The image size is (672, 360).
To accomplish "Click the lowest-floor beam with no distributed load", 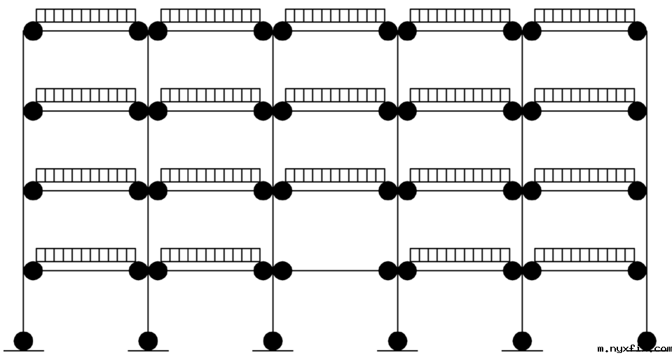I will pos(335,270).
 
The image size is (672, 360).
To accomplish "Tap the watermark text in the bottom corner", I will pos(634,348).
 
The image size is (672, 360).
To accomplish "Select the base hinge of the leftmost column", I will pos(24,341).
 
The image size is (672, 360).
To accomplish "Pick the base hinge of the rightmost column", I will pos(647,341).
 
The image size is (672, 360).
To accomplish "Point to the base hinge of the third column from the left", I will pos(273,341).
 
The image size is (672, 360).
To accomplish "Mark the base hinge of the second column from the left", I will pos(148,341).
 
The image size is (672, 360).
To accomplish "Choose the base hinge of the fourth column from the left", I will pos(397,341).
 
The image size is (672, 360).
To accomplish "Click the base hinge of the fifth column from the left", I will pos(522,341).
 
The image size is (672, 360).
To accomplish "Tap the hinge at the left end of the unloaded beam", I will pos(282,270).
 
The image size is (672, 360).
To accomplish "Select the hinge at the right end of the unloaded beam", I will pos(388,270).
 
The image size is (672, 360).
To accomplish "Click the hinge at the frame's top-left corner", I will pos(33,31).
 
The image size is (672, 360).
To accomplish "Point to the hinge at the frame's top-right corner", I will pos(637,31).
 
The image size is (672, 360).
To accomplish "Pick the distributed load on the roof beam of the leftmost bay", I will pos(85,15).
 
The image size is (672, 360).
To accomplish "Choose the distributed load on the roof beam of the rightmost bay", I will pos(584,15).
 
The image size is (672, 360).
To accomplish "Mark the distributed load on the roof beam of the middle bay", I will pos(335,15).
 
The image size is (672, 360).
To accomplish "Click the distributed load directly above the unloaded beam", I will pos(335,175).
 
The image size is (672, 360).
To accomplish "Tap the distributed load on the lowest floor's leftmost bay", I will pos(85,255).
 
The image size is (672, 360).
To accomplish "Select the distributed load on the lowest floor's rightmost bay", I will pos(584,255).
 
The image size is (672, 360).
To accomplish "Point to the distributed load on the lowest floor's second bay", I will pos(210,255).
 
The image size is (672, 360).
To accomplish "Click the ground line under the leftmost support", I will pos(24,350).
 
